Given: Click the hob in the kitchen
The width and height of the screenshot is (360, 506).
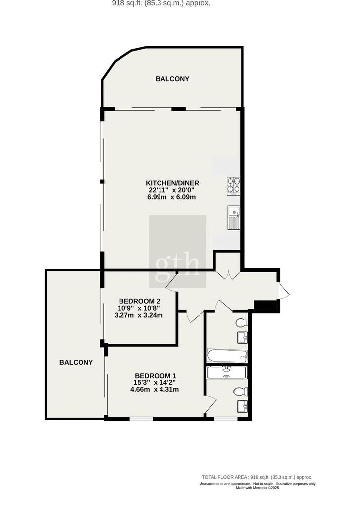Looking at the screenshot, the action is (x=234, y=186).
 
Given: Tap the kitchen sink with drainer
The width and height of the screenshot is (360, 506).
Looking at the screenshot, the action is (x=234, y=217).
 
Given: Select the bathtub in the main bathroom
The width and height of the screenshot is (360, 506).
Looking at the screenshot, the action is (x=227, y=356).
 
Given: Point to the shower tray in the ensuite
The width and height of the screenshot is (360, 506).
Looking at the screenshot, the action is (x=227, y=373).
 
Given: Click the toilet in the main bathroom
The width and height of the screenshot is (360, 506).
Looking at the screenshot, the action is (x=241, y=322).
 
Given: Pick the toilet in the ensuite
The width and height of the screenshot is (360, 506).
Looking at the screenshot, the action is (x=240, y=391).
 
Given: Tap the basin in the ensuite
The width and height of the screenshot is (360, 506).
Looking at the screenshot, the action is (x=242, y=406).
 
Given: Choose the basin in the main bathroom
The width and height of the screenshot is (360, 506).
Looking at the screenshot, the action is (x=242, y=337).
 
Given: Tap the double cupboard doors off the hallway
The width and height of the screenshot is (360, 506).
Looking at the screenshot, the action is (x=228, y=275).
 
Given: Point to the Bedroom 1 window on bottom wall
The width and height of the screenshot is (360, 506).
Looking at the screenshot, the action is (x=142, y=419).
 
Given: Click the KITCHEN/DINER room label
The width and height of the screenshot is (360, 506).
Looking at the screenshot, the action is (x=172, y=183).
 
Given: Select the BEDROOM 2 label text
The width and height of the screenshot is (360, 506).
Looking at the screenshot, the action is (x=139, y=301).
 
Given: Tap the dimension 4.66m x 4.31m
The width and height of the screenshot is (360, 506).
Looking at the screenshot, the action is (x=155, y=389).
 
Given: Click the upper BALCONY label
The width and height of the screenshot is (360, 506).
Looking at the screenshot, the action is (x=172, y=79).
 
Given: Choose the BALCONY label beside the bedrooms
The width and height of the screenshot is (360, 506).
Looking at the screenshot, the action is (x=76, y=362).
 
